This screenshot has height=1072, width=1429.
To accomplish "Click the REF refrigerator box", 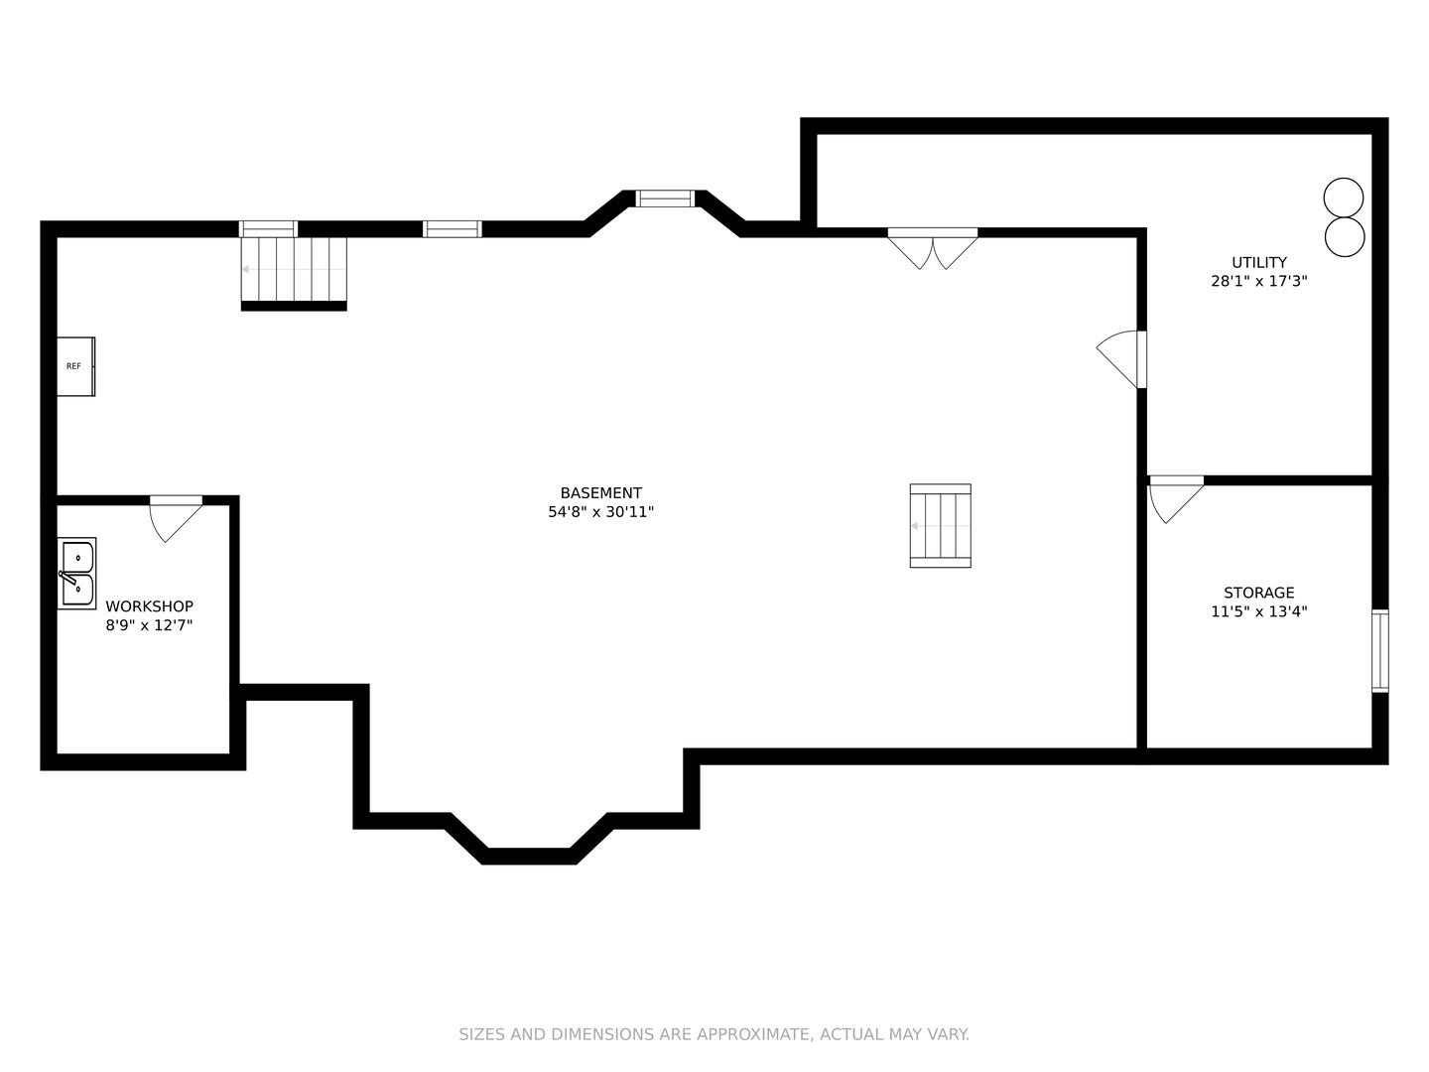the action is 75,366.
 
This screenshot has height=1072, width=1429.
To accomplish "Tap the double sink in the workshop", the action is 76,574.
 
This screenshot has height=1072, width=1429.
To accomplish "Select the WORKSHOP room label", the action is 149,606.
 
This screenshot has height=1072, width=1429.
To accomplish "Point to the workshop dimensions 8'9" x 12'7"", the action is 149,625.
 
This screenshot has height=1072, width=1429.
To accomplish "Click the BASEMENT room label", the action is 601,493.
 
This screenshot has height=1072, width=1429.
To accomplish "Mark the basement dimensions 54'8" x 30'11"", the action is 601,512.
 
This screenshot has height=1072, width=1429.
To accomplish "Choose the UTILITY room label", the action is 1259,262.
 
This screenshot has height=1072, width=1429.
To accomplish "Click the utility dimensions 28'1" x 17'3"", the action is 1259,281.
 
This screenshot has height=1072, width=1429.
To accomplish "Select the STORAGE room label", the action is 1259,593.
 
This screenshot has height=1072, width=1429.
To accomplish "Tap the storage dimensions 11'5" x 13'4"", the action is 1259,611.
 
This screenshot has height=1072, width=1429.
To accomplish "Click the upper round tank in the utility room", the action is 1343,198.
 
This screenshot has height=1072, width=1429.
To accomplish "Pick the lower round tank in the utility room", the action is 1345,237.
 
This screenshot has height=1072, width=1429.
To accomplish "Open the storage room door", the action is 1176,500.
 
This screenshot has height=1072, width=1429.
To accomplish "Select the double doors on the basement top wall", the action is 932,248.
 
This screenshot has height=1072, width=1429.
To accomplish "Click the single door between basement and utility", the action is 1121,359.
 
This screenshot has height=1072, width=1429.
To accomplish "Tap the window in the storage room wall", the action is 1379,651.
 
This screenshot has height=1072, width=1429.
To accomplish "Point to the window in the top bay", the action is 665,199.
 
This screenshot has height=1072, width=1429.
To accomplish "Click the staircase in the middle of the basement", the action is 940,526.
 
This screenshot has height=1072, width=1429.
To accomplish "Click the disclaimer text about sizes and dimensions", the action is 714,1034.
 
